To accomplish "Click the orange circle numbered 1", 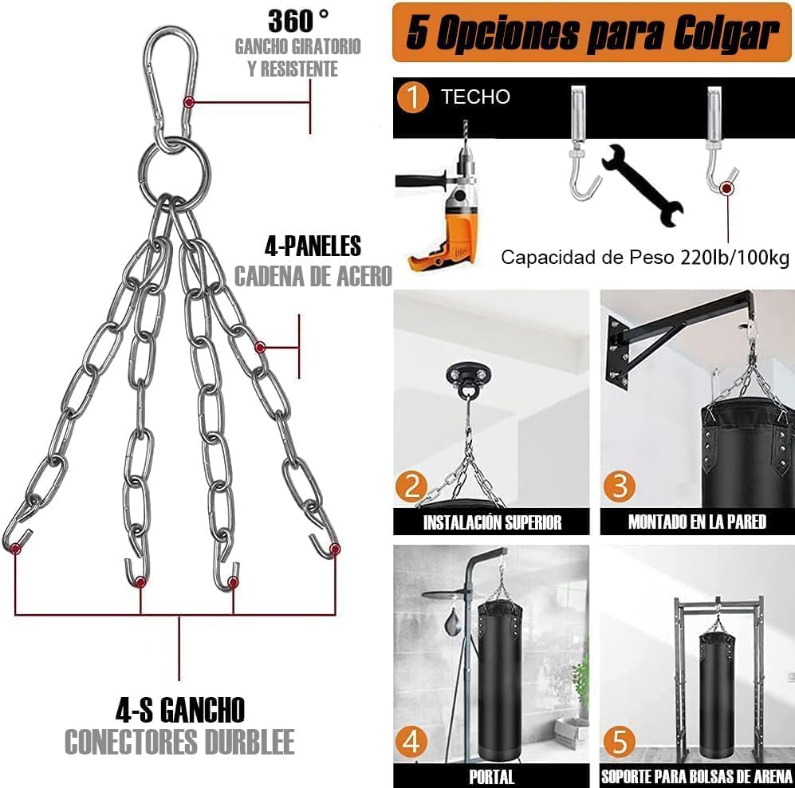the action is pyautogui.click(x=413, y=97).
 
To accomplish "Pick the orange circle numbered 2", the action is pyautogui.click(x=411, y=486).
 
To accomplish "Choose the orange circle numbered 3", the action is pyautogui.click(x=619, y=486).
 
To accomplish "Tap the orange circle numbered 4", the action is pyautogui.click(x=411, y=742).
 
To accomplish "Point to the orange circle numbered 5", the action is pyautogui.click(x=619, y=742).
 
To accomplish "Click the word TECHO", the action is pyautogui.click(x=475, y=97).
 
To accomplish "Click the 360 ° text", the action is pyautogui.click(x=298, y=22).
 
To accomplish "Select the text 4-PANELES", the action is pyautogui.click(x=313, y=246).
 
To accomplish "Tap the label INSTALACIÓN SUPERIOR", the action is pyautogui.click(x=492, y=522).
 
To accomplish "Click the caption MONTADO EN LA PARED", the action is pyautogui.click(x=697, y=522).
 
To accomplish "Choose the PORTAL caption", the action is pyautogui.click(x=491, y=777).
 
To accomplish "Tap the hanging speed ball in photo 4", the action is pyautogui.click(x=452, y=625).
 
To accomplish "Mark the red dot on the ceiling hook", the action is pyautogui.click(x=727, y=188).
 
